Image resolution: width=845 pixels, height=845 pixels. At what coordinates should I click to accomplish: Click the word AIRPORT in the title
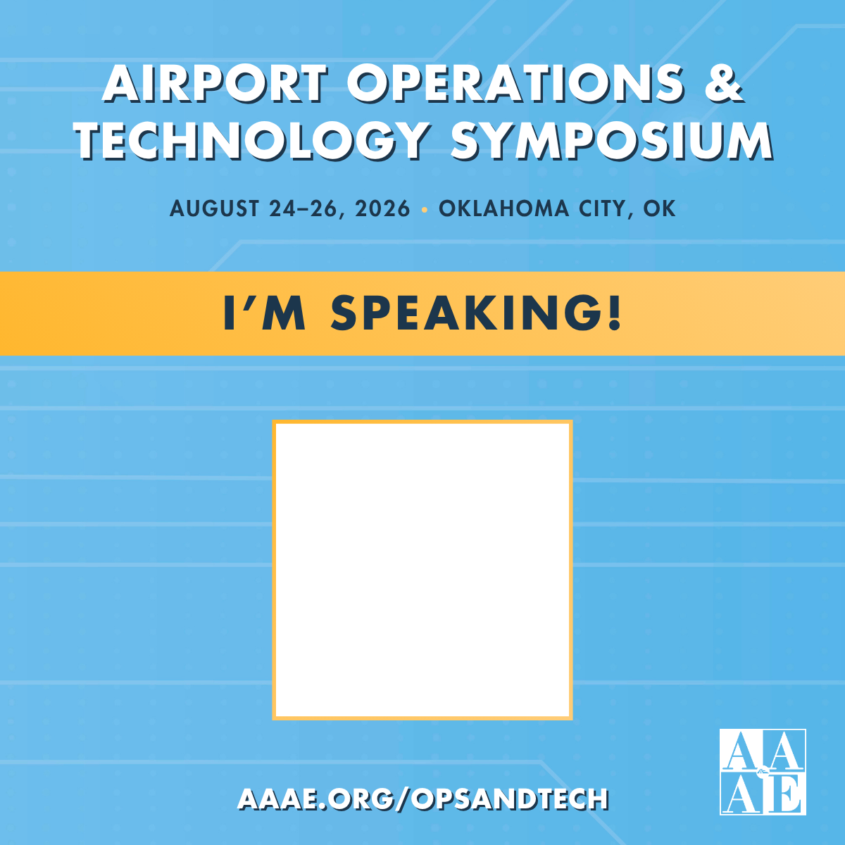pos(215,83)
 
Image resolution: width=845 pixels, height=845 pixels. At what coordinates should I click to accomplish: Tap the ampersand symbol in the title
pos(723,83)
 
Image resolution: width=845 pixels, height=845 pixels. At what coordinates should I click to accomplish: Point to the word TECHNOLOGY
pos(252,141)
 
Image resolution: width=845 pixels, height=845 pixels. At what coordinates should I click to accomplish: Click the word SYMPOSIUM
pos(611,141)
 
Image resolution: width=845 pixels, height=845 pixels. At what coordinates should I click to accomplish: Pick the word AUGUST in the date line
pos(215,208)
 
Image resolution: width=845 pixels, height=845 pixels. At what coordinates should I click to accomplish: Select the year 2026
pos(382,208)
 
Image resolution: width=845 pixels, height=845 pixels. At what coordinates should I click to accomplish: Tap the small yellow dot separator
pos(424,209)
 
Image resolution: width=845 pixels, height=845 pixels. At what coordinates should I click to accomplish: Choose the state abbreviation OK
pos(660,208)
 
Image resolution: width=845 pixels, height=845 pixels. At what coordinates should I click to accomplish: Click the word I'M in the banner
pos(264,313)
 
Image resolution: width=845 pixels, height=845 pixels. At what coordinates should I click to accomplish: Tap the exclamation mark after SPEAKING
pos(615,313)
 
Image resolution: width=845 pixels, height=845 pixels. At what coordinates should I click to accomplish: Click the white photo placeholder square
pos(423,570)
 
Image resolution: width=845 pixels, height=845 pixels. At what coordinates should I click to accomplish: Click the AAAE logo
pos(762,772)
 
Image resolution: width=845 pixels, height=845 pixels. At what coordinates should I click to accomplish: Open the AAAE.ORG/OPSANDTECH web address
pos(423,799)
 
